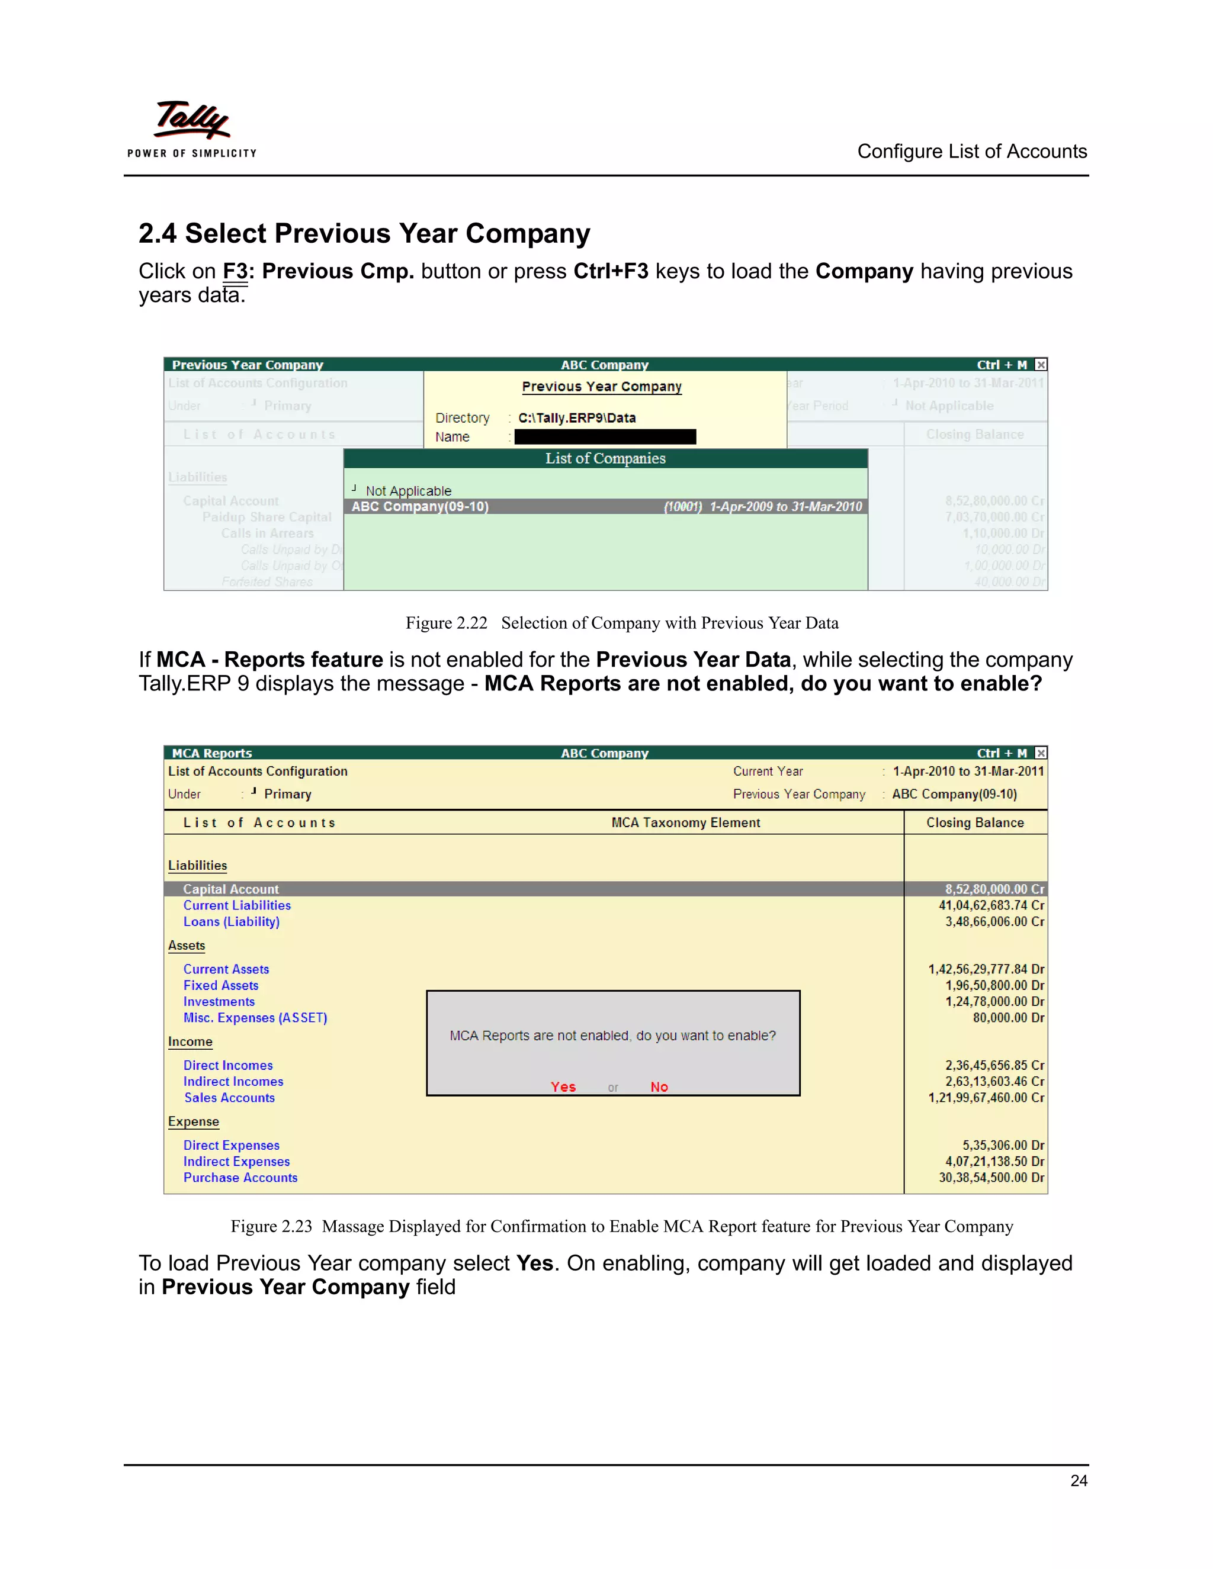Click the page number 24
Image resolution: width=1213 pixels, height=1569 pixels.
tap(1078, 1480)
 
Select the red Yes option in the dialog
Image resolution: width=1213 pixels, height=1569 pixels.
tap(563, 1087)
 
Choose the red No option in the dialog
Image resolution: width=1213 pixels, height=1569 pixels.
tap(659, 1087)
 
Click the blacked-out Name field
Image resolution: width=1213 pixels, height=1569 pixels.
tap(605, 437)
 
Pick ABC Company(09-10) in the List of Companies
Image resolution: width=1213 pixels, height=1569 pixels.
tap(420, 506)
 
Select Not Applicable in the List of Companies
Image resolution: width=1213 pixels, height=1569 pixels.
tap(408, 491)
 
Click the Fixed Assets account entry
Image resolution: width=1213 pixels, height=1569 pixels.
tap(220, 986)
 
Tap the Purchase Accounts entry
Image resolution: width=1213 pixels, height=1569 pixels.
tap(240, 1178)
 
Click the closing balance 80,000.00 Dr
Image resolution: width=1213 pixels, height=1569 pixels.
tap(1008, 1018)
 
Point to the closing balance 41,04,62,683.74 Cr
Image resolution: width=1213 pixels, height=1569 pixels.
tap(991, 905)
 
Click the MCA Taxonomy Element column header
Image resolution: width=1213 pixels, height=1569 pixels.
tap(685, 822)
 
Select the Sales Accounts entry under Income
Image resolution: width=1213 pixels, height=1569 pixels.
tap(229, 1098)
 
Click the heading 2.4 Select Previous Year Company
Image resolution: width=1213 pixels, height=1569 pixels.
tap(364, 233)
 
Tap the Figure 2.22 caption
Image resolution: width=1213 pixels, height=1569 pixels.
tap(621, 623)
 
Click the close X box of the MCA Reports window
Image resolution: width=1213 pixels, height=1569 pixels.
tap(1041, 753)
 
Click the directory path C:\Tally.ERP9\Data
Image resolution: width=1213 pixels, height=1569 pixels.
tap(576, 418)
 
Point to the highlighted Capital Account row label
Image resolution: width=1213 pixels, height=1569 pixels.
tap(230, 889)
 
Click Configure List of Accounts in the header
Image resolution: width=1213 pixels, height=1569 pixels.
tap(971, 152)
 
